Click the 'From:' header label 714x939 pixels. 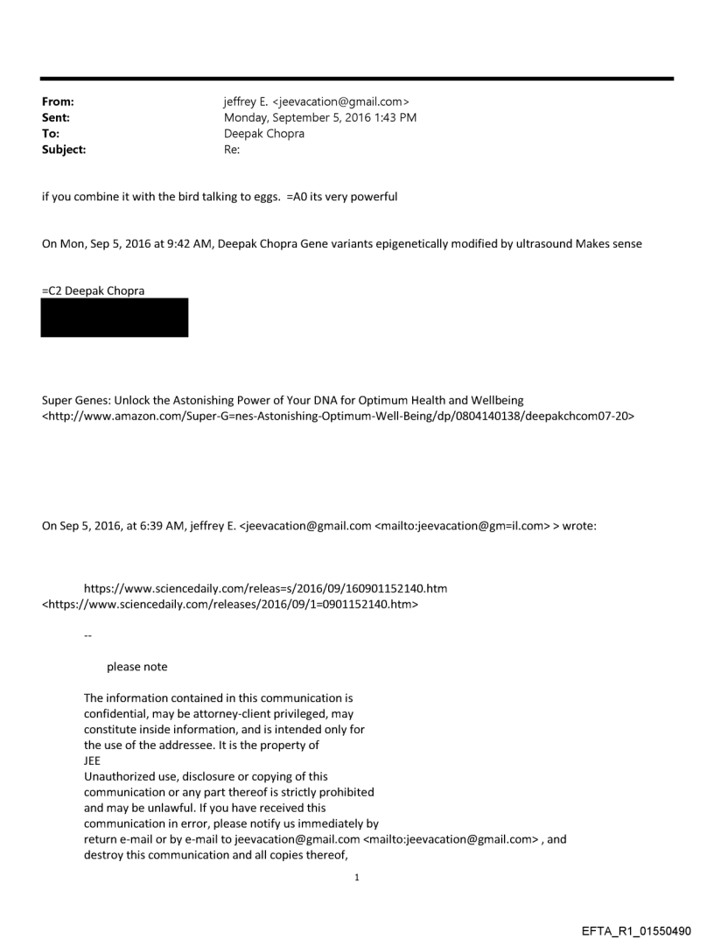click(x=58, y=102)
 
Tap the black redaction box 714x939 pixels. click(x=115, y=318)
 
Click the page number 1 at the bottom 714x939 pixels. click(x=357, y=878)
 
